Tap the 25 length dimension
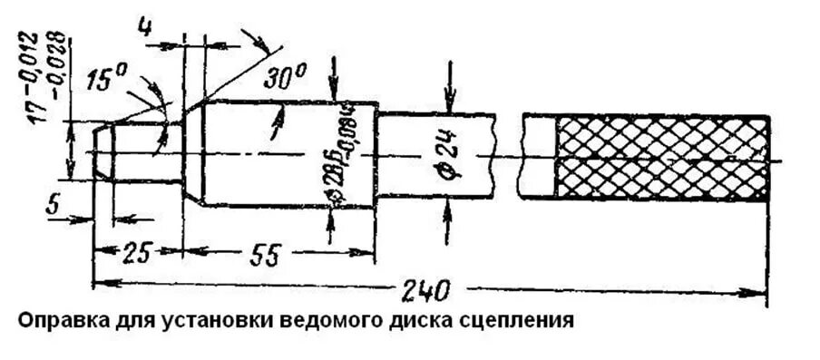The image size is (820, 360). tap(135, 253)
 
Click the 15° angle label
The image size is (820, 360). tap(106, 81)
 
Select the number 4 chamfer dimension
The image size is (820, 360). tap(144, 25)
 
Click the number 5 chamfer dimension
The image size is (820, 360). tap(52, 206)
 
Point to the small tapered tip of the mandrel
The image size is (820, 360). tap(102, 151)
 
